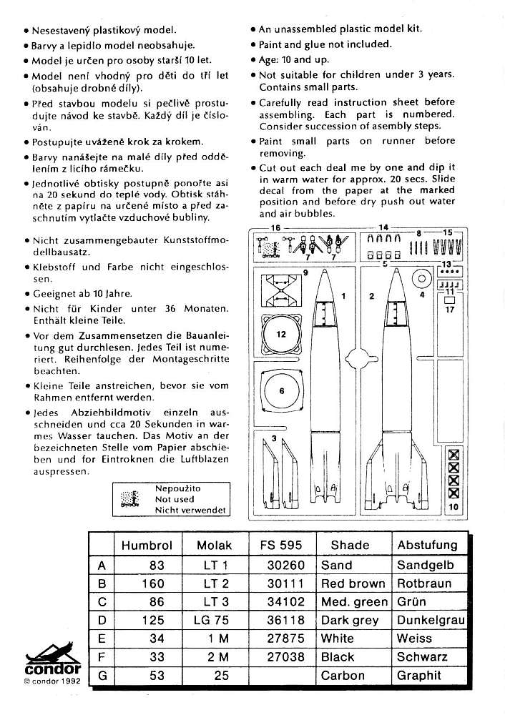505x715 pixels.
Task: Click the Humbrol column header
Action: coord(147,545)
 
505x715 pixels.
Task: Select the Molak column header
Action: coord(215,545)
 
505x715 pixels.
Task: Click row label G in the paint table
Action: coord(101,676)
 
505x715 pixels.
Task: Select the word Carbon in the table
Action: coord(343,676)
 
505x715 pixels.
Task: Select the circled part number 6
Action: coord(281,391)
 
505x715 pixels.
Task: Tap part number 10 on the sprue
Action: coord(452,506)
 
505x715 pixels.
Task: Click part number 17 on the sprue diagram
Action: coord(449,310)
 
